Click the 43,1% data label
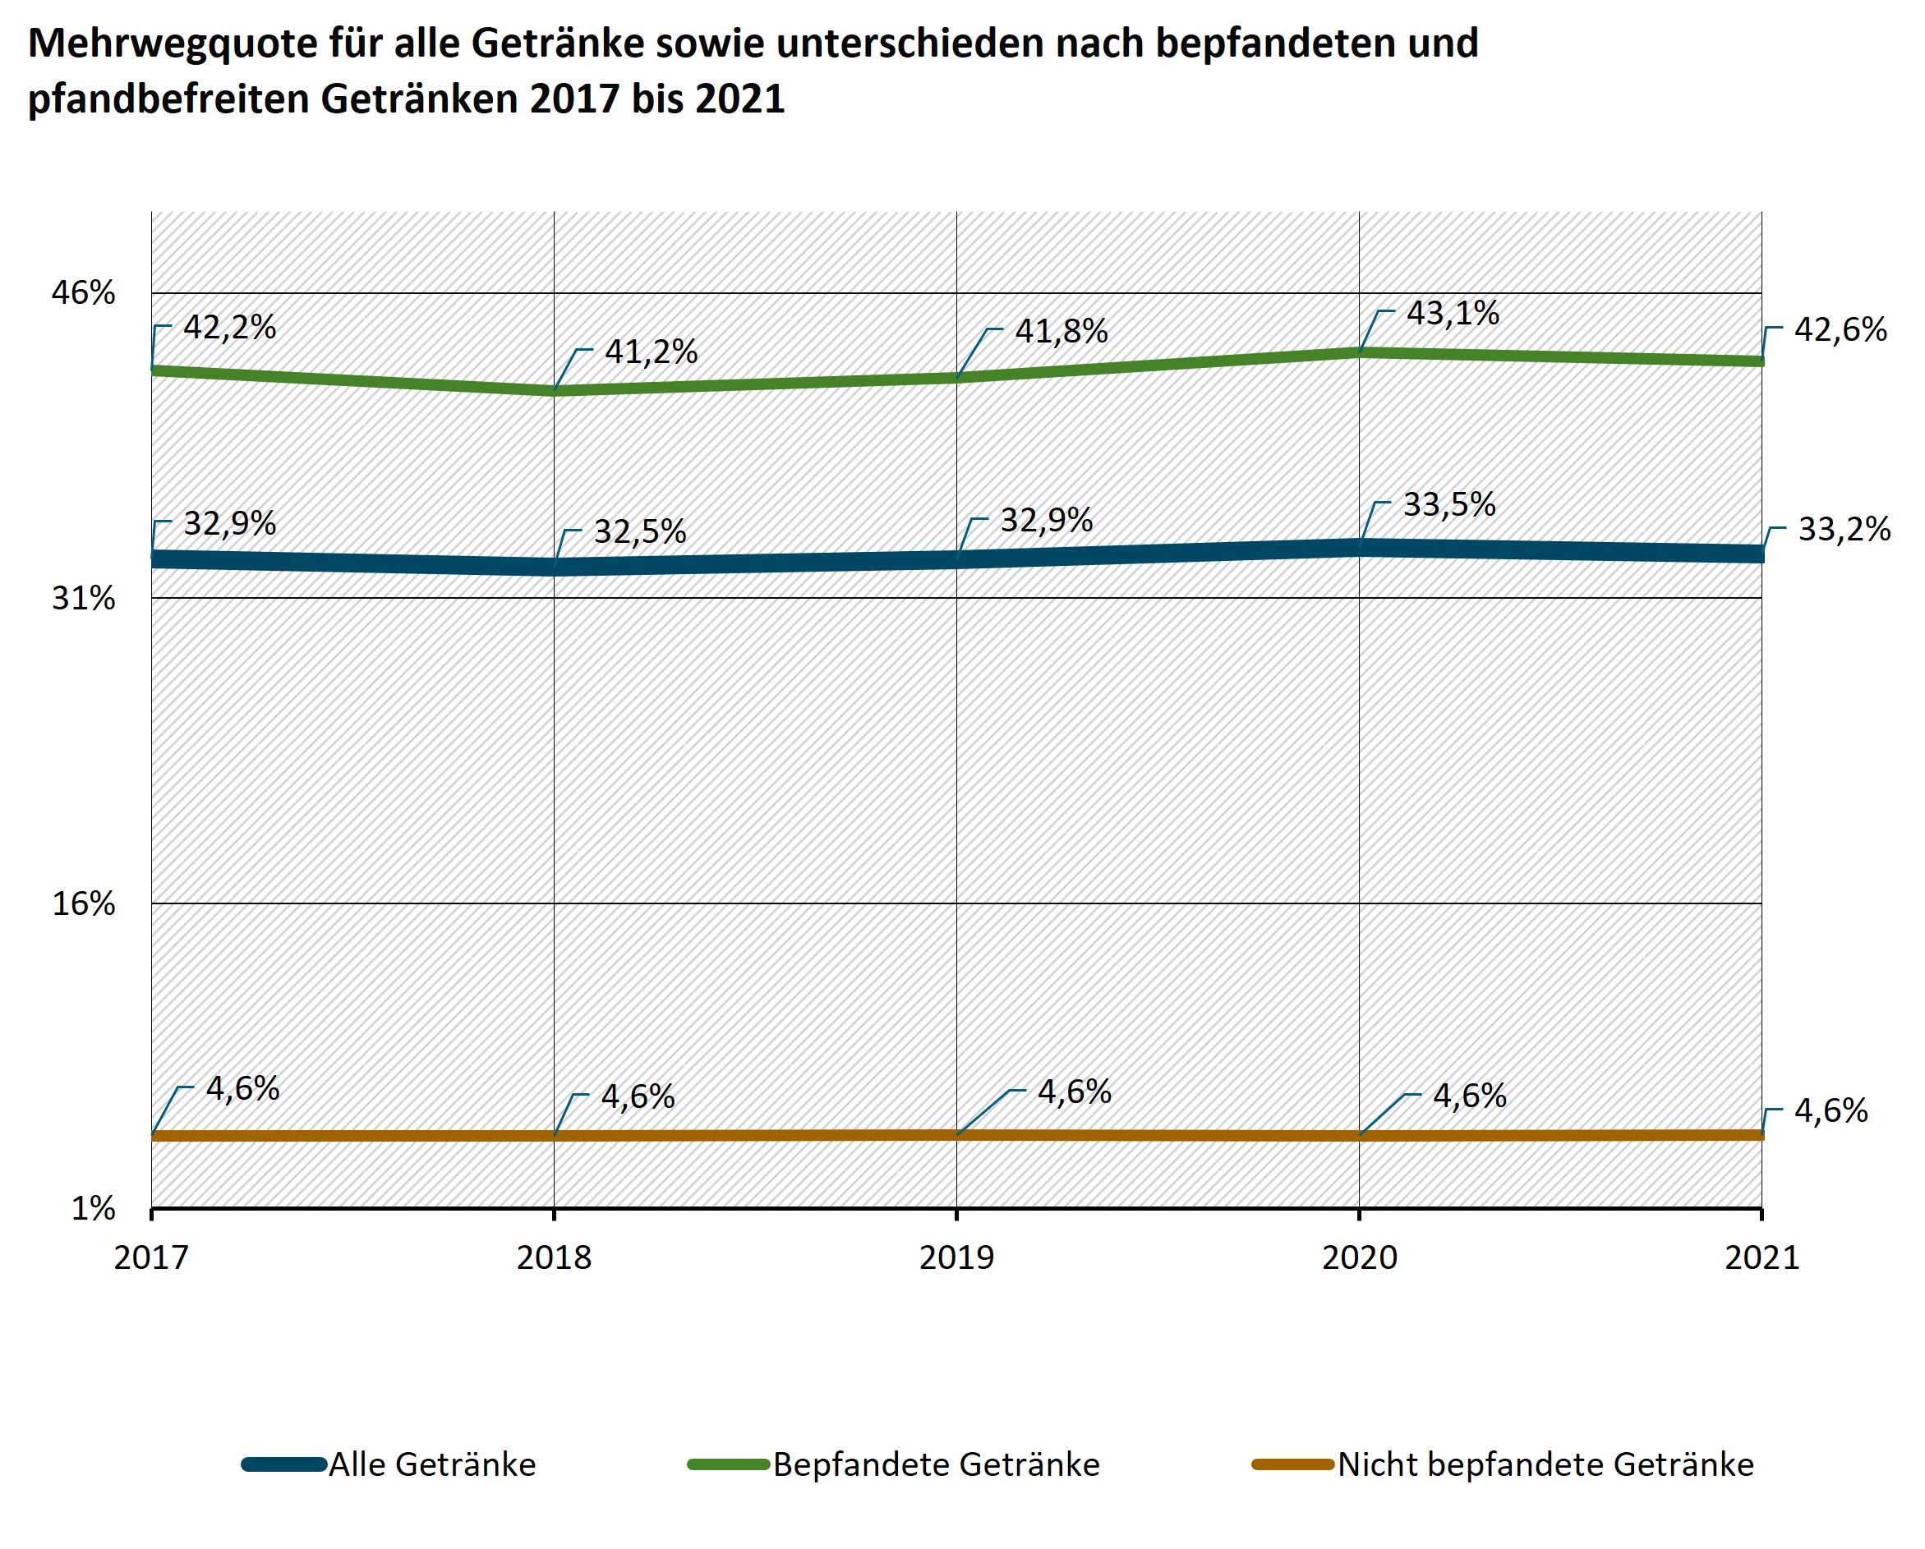click(x=1452, y=314)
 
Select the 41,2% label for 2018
click(x=651, y=352)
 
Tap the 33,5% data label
click(x=1449, y=505)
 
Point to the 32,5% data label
click(x=639, y=532)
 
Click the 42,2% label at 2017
click(x=229, y=328)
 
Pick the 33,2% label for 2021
click(x=1843, y=530)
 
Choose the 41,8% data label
click(x=1061, y=332)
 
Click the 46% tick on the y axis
click(x=83, y=293)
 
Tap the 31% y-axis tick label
click(x=83, y=598)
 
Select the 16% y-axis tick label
click(x=83, y=903)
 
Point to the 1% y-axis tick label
click(x=93, y=1209)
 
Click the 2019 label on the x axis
click(x=956, y=1258)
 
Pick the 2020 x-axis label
click(x=1359, y=1258)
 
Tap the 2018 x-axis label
click(x=554, y=1258)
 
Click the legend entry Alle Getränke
click(x=432, y=1465)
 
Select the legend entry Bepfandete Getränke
click(x=936, y=1465)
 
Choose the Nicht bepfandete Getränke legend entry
click(x=1545, y=1465)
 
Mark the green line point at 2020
click(x=1359, y=352)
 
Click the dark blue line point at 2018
click(x=555, y=567)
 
